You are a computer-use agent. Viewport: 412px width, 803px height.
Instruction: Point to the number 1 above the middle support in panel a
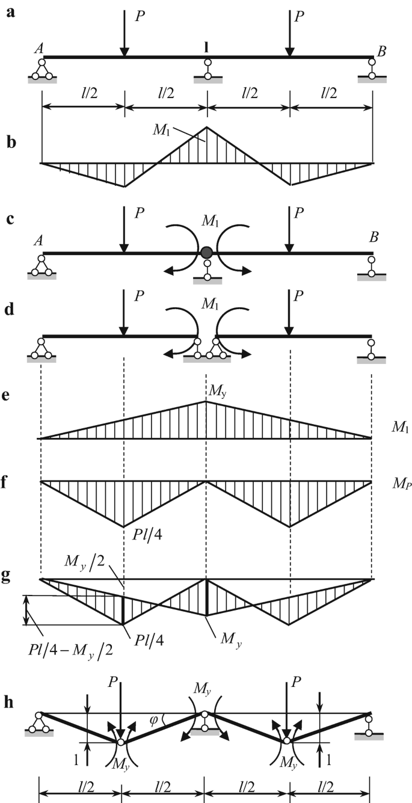tap(208, 46)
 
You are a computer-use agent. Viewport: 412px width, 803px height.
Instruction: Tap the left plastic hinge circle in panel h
tap(122, 742)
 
